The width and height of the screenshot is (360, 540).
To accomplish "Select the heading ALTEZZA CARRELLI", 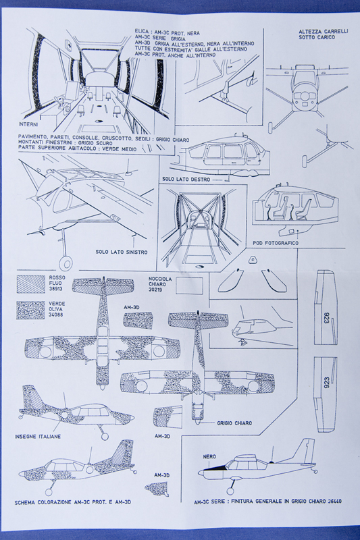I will click(x=320, y=32).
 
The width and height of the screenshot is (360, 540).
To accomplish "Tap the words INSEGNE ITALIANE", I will click(x=38, y=437).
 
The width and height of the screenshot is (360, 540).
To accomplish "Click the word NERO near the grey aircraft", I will click(x=209, y=456).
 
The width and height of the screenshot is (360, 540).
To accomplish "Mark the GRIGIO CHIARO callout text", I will click(x=234, y=423).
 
